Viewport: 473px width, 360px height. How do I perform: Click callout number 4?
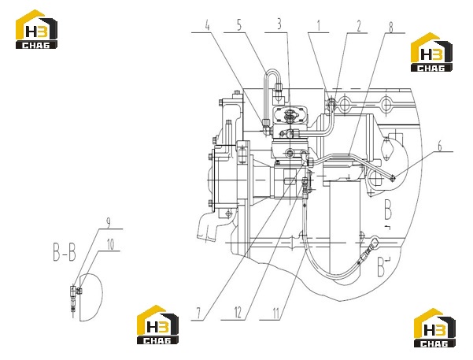click(x=207, y=25)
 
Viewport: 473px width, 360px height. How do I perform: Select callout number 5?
click(x=239, y=25)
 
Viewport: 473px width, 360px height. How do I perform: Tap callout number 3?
click(x=279, y=24)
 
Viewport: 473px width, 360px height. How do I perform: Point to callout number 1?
click(x=319, y=26)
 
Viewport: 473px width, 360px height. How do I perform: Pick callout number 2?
click(x=359, y=26)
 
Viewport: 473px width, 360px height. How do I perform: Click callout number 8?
click(x=390, y=28)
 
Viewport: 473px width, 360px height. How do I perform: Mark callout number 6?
click(x=440, y=147)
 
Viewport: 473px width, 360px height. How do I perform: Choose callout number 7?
click(x=198, y=314)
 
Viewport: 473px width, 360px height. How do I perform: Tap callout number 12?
click(x=238, y=312)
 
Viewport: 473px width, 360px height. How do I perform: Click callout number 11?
click(x=275, y=314)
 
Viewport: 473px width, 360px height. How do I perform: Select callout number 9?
click(x=109, y=223)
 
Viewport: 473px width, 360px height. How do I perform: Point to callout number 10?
click(x=111, y=245)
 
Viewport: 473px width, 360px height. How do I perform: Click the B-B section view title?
click(x=65, y=253)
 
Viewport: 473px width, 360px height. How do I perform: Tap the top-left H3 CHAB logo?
click(x=36, y=29)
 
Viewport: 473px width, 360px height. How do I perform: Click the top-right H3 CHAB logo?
click(x=431, y=52)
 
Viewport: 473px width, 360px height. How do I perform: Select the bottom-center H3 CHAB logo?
click(x=157, y=325)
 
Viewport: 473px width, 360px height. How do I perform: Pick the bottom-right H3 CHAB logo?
click(x=434, y=328)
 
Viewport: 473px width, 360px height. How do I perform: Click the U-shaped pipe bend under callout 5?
click(x=272, y=71)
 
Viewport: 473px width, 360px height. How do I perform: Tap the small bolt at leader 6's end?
click(x=393, y=179)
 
